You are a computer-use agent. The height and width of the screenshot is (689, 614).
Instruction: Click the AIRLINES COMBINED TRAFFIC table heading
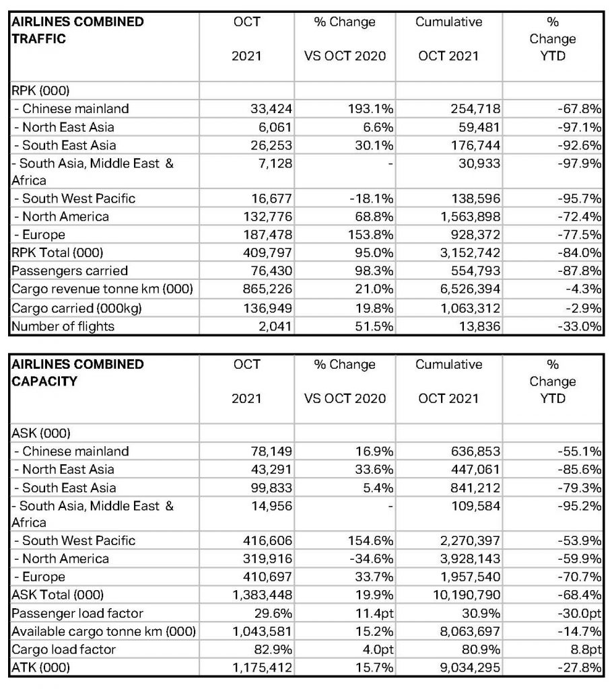pyautogui.click(x=77, y=30)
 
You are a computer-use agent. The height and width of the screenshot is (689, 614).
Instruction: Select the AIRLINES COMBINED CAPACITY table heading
pyautogui.click(x=77, y=373)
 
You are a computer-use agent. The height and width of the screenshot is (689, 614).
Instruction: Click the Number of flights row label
pyautogui.click(x=63, y=326)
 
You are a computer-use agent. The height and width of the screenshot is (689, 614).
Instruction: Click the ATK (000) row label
pyautogui.click(x=40, y=668)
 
